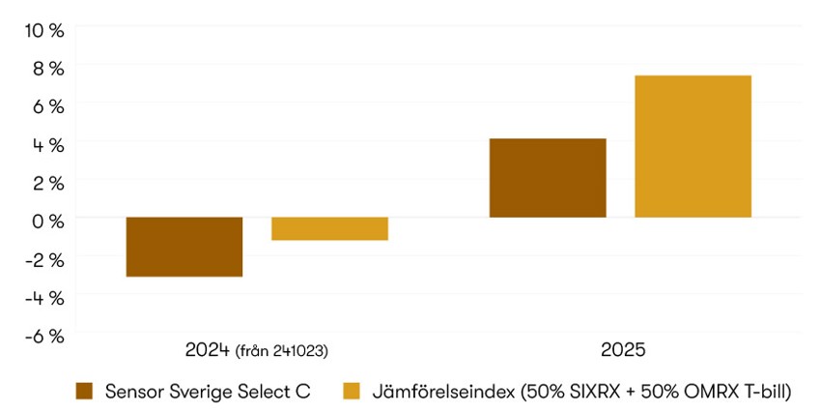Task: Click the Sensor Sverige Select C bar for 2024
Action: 184,247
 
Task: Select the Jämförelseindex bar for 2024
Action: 329,228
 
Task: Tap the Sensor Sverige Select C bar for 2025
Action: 548,178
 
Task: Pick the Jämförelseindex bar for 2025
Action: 693,146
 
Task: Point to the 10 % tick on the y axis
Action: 44,30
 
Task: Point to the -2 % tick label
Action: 44,259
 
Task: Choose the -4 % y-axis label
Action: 44,298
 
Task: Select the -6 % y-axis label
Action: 44,336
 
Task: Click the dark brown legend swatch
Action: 84,391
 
